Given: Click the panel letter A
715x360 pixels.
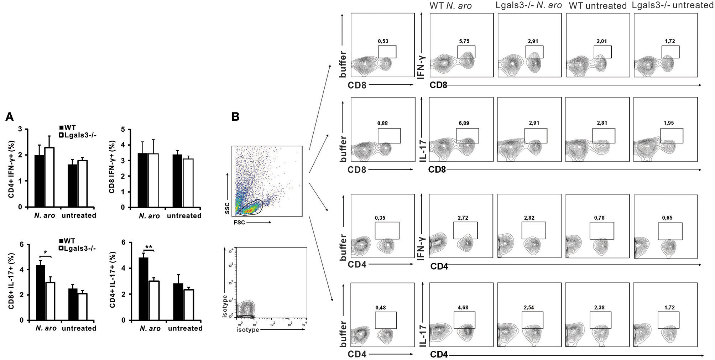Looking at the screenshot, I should [x=10, y=116].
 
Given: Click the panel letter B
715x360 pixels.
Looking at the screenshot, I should [x=235, y=116].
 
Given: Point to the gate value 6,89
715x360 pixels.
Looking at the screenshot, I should [x=464, y=123].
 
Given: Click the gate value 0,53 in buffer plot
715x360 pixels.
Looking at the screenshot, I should [x=383, y=41].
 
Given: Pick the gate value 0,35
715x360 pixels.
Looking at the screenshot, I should [x=380, y=218].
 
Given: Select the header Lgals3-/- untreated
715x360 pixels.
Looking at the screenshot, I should [x=673, y=5].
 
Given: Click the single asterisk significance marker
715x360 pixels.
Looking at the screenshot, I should [x=46, y=253].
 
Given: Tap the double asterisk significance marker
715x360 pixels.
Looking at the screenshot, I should [x=149, y=247].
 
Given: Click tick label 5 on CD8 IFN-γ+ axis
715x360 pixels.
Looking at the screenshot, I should [x=123, y=130].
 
